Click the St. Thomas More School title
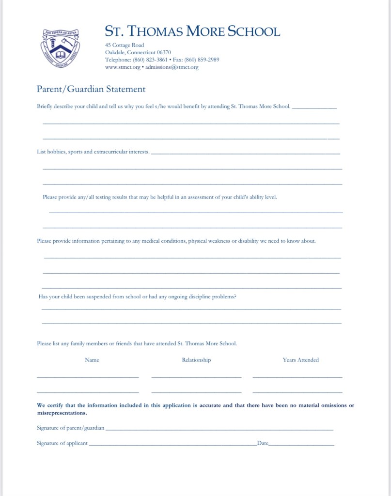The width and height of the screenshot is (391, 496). coord(192,31)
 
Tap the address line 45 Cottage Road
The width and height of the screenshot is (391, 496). coord(125,45)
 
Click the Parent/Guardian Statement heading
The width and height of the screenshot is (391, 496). coord(91,89)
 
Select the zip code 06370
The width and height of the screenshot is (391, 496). coord(164,52)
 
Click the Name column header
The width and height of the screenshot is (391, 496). coord(92,360)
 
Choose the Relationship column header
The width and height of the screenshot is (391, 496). coord(196,360)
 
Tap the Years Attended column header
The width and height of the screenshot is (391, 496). coord(301,360)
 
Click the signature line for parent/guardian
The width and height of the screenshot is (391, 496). coord(219,429)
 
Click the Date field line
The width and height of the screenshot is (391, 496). coord(301,444)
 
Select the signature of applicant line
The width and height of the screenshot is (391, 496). coord(172,444)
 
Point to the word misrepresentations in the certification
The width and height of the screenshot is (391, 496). coord(62,413)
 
